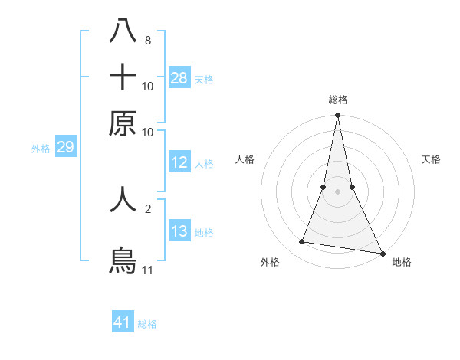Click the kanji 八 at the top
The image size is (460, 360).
tap(123, 33)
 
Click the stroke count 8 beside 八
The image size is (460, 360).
tap(147, 41)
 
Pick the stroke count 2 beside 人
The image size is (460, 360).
tap(147, 208)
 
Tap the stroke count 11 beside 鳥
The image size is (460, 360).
tap(148, 270)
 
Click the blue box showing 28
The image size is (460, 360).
tap(179, 77)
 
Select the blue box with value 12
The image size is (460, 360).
tap(179, 162)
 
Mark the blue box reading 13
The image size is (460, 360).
tap(179, 231)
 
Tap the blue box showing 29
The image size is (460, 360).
tap(65, 148)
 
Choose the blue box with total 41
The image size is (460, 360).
tap(123, 322)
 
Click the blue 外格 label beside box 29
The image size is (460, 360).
tap(41, 149)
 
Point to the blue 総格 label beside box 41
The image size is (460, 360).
tap(148, 324)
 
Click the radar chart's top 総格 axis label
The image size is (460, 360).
tap(337, 100)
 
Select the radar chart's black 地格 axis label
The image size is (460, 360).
tap(402, 262)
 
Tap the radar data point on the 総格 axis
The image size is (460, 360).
tap(337, 116)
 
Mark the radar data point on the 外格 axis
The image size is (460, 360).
tap(302, 242)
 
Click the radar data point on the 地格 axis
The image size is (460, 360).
tap(382, 253)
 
